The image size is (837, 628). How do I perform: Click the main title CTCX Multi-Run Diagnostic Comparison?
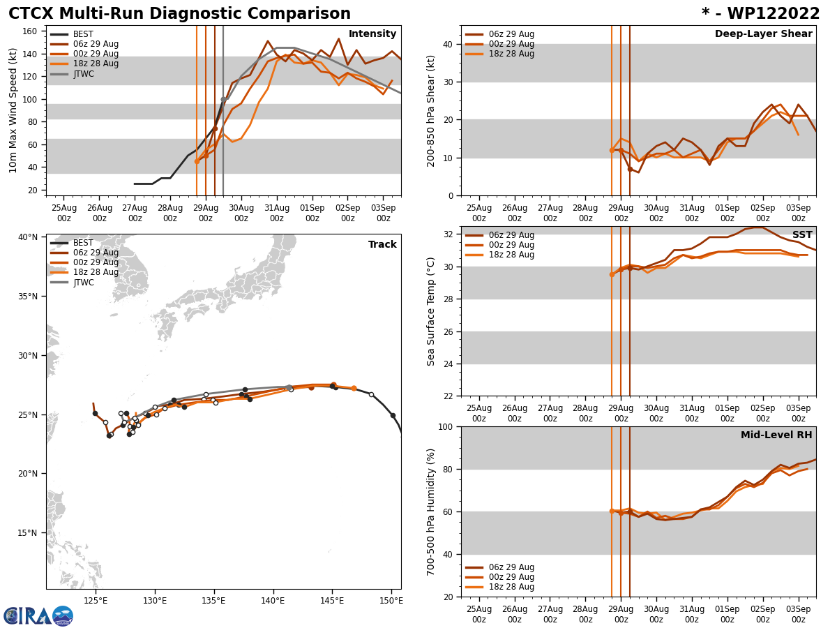click(179, 14)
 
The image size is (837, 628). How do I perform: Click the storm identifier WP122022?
click(760, 14)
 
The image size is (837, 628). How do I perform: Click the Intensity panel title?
click(372, 34)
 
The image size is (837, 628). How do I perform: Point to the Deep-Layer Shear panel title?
click(763, 34)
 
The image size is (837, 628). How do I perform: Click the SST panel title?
click(802, 235)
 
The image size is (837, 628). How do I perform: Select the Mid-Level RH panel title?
click(776, 435)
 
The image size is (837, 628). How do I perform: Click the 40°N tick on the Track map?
click(28, 237)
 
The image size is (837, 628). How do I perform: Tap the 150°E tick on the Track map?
click(391, 600)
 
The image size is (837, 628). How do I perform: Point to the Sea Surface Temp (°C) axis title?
click(432, 311)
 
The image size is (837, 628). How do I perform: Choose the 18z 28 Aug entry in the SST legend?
click(511, 255)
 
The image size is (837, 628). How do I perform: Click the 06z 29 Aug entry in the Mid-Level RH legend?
click(511, 567)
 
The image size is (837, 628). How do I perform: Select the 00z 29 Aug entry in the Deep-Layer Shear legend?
click(511, 44)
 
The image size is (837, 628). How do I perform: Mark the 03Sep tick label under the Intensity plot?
click(383, 212)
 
